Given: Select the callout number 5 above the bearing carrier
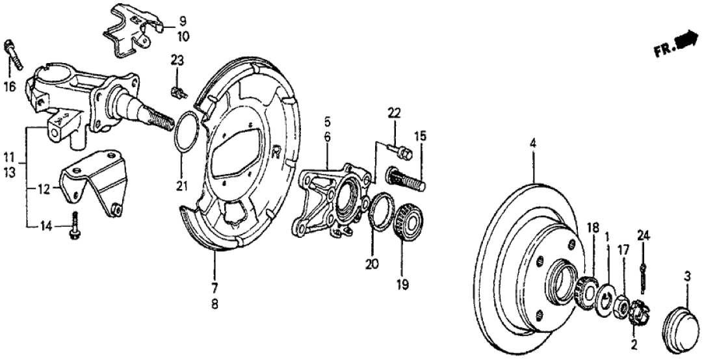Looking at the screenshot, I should coord(328,121).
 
